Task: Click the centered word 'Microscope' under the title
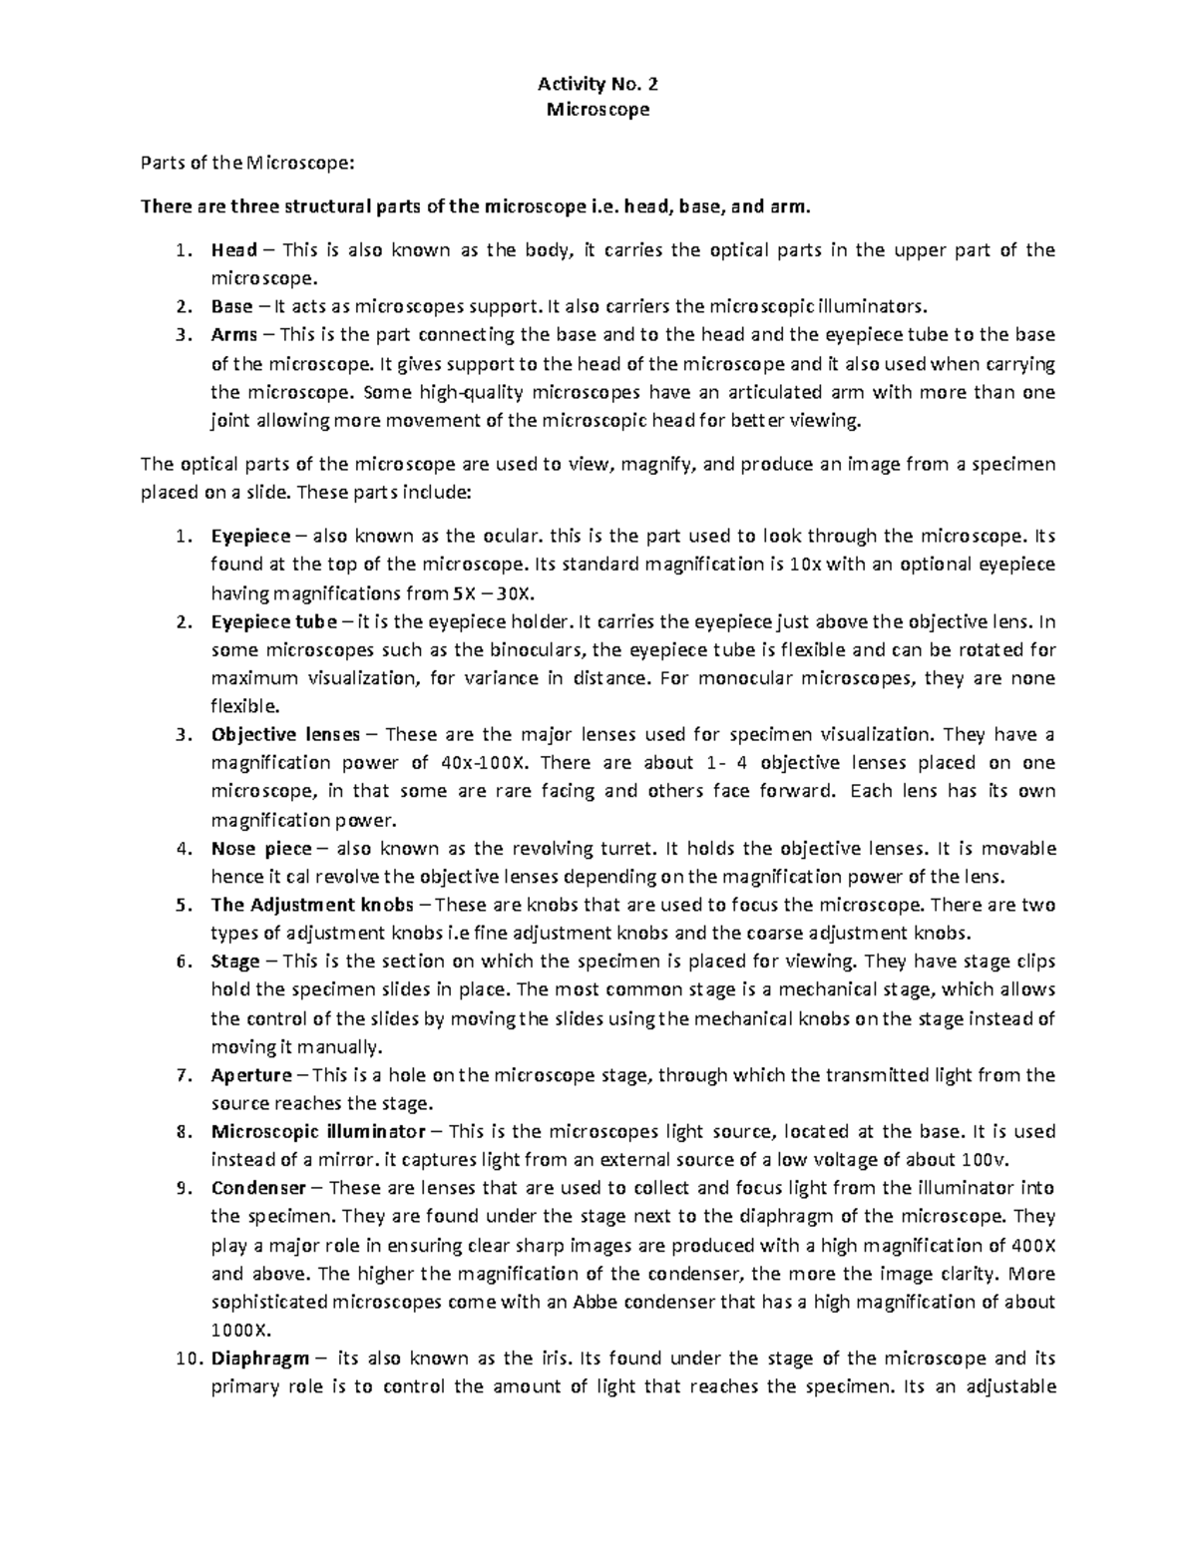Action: point(598,109)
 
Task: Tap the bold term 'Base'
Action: point(232,306)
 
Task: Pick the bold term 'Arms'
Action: point(234,334)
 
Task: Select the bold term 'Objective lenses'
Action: point(285,735)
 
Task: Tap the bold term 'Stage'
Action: point(235,963)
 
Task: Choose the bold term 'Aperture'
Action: point(251,1075)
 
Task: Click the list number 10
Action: point(184,1358)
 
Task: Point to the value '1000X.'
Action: point(240,1331)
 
